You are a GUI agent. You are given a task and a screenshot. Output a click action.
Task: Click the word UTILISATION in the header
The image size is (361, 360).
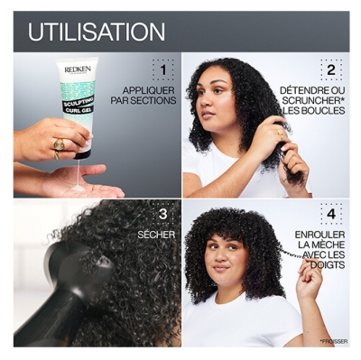[x=97, y=32]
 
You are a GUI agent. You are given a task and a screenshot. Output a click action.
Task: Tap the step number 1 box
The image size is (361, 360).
[x=162, y=70]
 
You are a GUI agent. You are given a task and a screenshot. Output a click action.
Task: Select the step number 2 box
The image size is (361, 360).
[x=330, y=69]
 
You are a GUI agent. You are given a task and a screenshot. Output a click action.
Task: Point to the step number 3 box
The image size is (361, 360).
[x=162, y=214]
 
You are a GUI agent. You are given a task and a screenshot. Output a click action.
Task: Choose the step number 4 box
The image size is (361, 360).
[x=330, y=214]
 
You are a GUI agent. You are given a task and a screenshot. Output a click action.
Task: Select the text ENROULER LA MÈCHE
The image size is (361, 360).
[x=319, y=246]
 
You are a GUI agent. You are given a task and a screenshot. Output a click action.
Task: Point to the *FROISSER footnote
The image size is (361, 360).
[x=333, y=341]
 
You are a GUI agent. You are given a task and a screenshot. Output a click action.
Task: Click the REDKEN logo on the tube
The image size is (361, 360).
[x=73, y=69]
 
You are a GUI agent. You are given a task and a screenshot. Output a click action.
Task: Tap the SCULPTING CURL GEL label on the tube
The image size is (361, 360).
[x=78, y=101]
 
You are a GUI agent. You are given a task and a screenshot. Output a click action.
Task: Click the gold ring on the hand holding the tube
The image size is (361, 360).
[x=59, y=143]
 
